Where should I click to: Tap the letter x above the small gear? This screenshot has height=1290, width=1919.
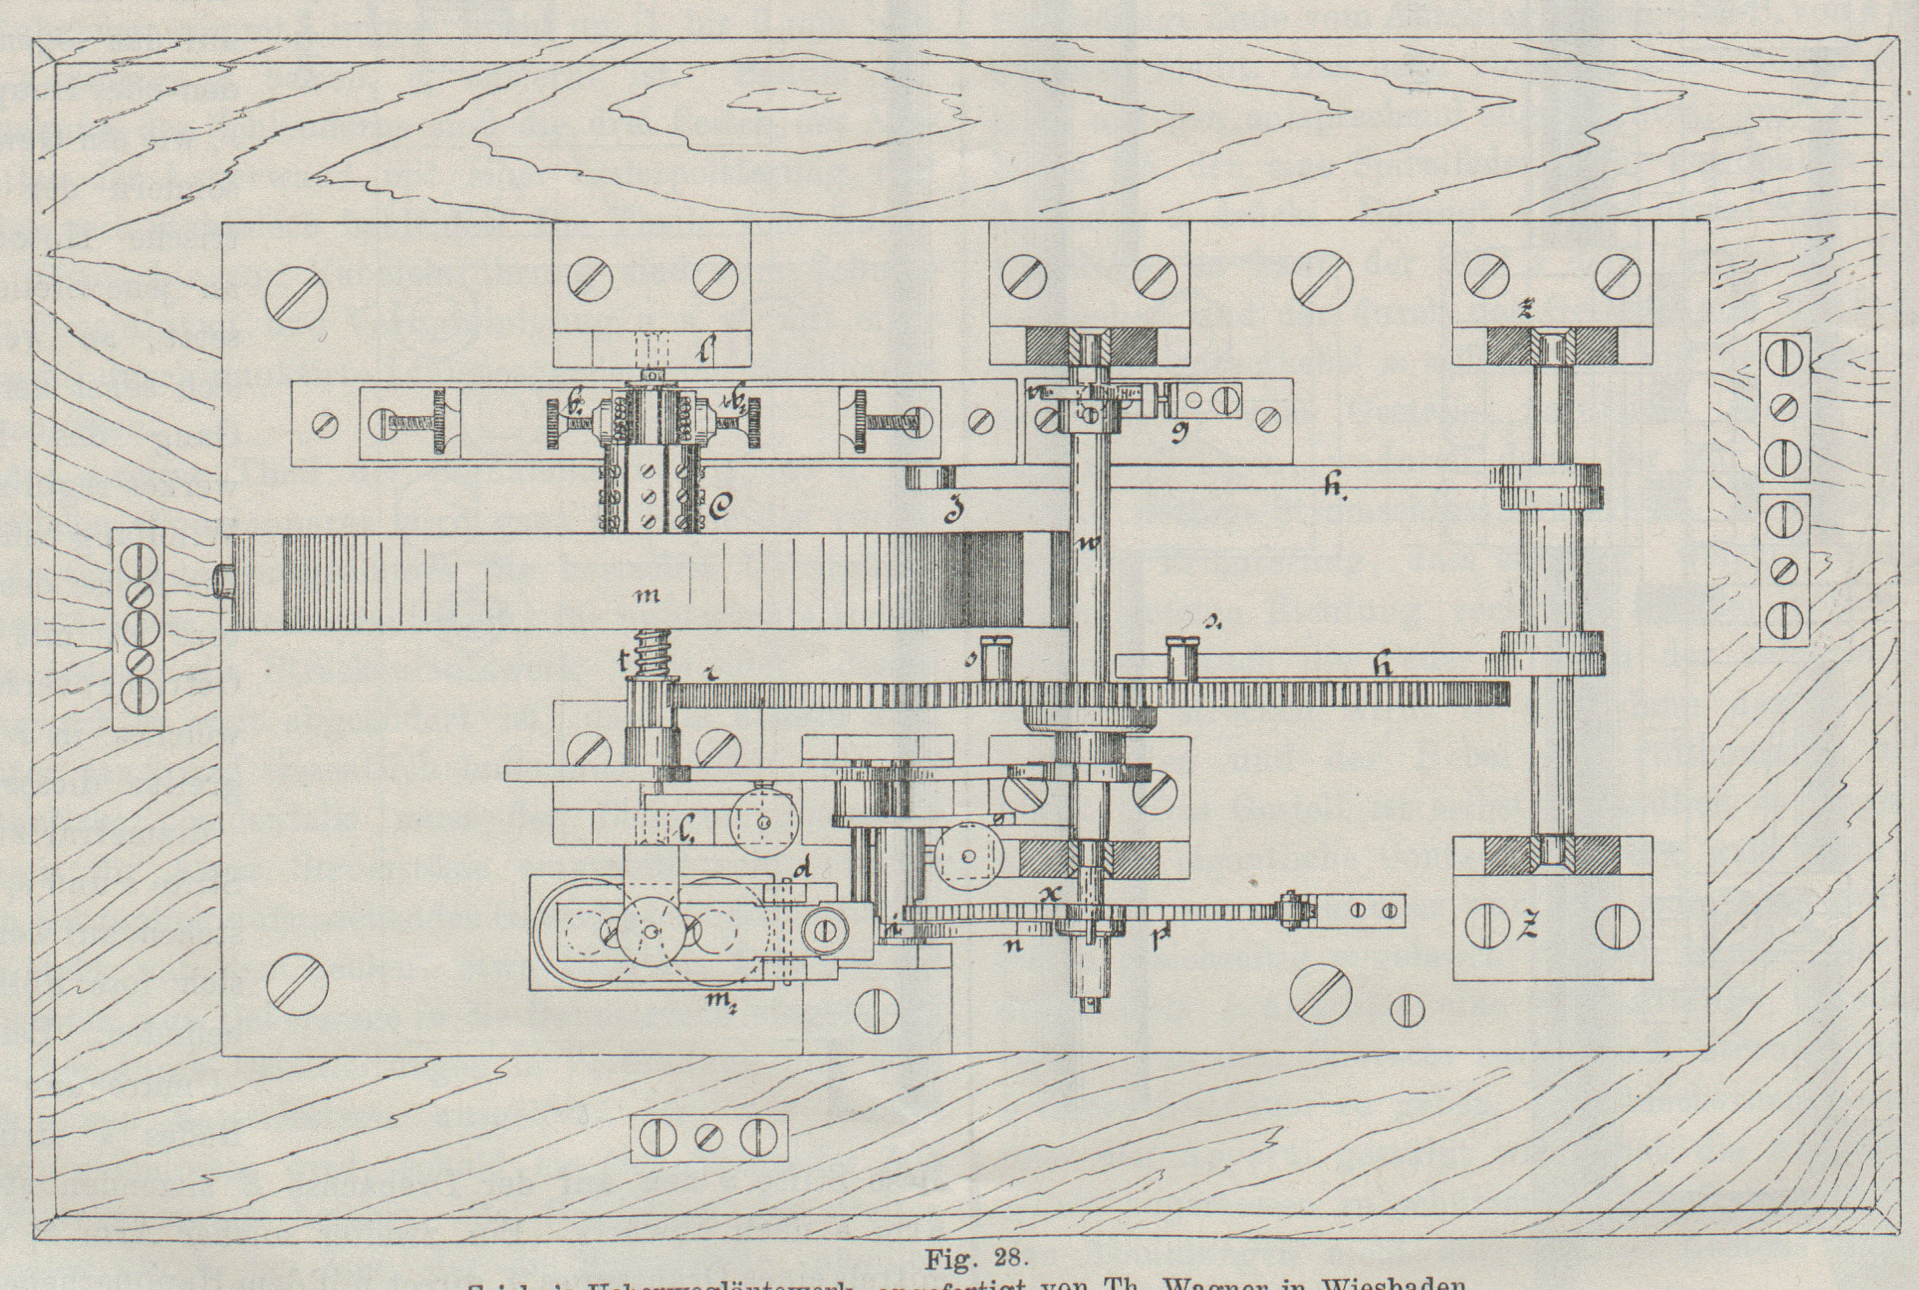point(1046,894)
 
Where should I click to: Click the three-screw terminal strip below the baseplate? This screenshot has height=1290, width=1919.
point(709,1139)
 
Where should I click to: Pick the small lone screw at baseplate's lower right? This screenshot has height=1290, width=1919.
point(1406,1012)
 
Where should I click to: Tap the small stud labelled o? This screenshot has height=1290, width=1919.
point(998,656)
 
